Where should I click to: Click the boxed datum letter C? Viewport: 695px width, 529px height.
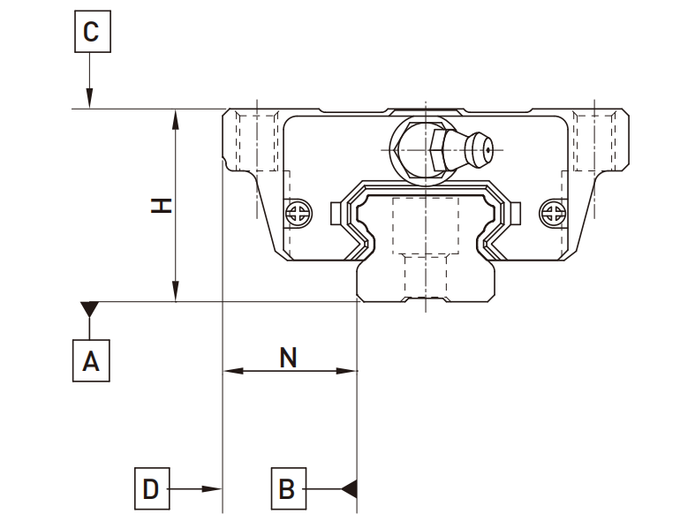91,34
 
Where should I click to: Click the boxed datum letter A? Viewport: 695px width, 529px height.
91,360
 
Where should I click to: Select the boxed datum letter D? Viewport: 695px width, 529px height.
152,488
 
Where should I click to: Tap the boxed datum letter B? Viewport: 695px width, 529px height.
287,488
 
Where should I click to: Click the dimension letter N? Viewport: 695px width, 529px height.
288,357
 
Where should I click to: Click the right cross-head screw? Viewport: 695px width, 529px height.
551,212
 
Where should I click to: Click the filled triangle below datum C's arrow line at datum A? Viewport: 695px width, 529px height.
90,310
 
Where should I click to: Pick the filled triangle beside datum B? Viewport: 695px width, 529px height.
349,488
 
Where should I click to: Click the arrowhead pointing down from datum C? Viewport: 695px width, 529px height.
90,101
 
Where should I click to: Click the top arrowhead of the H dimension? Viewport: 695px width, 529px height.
177,117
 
